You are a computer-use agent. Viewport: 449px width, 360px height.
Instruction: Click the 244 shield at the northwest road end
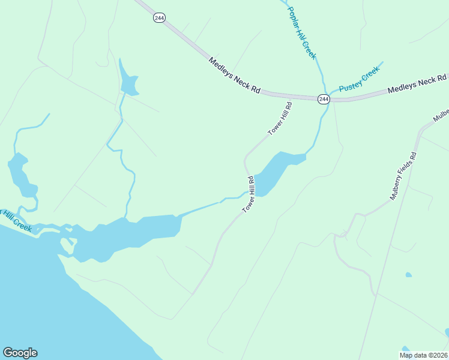click(x=159, y=18)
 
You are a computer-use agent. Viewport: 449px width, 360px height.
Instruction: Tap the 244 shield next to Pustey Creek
click(x=324, y=98)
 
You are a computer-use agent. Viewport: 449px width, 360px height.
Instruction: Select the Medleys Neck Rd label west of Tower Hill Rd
click(x=235, y=76)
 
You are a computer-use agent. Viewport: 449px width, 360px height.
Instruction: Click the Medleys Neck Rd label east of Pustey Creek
click(x=417, y=85)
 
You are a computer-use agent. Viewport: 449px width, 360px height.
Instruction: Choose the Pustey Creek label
click(x=360, y=80)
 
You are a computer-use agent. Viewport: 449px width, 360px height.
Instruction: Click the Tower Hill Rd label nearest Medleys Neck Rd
click(x=280, y=118)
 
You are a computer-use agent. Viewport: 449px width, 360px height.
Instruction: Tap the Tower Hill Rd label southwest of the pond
click(x=249, y=194)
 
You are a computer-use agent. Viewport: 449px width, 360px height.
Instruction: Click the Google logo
click(x=20, y=353)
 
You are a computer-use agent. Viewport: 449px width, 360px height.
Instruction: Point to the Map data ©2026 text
click(x=423, y=355)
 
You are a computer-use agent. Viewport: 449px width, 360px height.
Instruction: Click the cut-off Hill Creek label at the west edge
click(x=16, y=221)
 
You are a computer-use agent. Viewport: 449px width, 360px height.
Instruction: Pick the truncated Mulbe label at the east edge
click(x=441, y=115)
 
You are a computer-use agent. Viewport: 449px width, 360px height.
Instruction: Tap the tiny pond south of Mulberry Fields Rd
click(x=409, y=275)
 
